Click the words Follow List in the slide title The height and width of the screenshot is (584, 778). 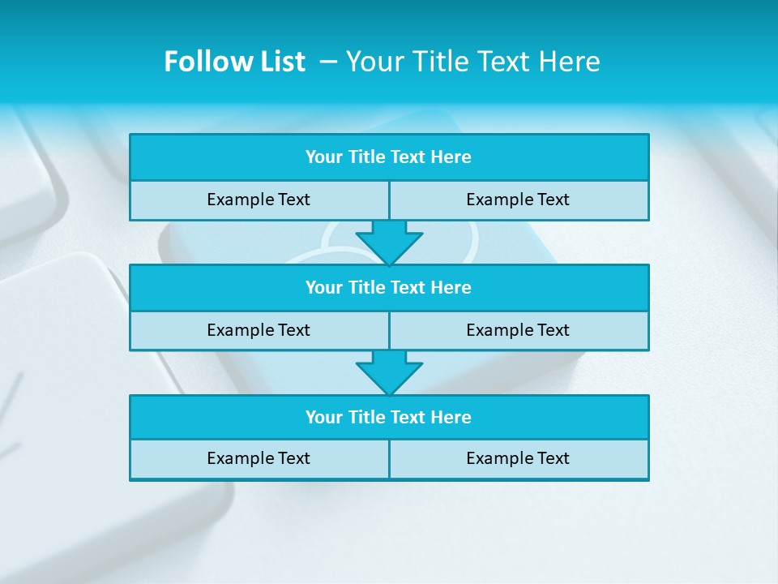pos(234,62)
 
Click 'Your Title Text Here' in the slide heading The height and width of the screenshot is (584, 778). pos(472,62)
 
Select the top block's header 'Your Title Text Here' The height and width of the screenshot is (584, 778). pos(388,157)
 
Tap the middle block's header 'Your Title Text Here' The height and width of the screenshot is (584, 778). pos(388,287)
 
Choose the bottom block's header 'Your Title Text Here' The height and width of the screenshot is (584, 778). pos(388,417)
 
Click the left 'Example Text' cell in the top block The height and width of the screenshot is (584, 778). pos(259,200)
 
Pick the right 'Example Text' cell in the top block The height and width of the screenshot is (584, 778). pos(518,200)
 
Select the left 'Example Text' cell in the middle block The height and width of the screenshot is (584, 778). pos(259,330)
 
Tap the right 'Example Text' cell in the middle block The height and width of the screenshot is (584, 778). pos(518,330)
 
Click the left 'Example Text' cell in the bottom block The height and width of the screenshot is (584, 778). pos(259,458)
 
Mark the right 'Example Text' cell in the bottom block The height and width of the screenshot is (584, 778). pos(518,458)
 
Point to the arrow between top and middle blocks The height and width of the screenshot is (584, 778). pos(389,242)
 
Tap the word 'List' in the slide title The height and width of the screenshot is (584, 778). pos(282,62)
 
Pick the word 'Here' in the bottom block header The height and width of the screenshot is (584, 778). pos(451,417)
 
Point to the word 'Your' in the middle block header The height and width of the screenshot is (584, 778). pos(323,287)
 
